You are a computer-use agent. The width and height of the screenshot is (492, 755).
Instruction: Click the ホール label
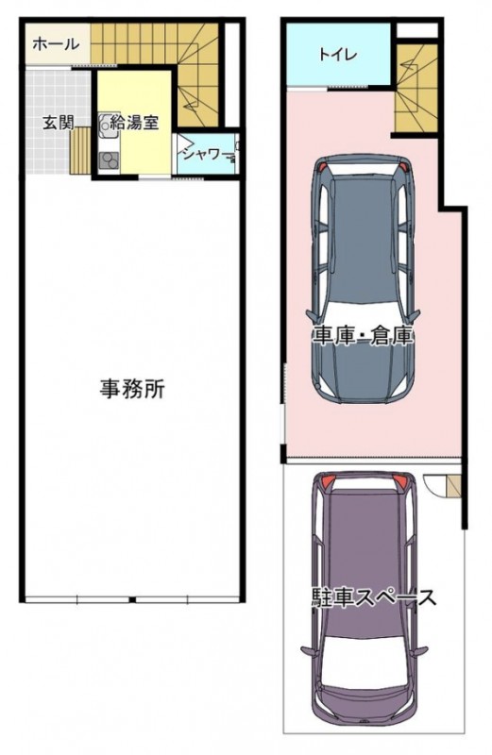[x=56, y=44]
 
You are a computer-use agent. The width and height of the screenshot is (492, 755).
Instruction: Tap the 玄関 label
[x=59, y=123]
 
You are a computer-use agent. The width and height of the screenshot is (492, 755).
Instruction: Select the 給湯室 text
[x=134, y=122]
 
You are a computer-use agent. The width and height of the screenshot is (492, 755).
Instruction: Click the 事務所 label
[x=132, y=389]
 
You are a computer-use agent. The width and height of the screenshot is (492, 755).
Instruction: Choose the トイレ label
[x=338, y=55]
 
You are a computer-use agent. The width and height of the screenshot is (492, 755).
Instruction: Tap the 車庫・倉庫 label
[x=364, y=336]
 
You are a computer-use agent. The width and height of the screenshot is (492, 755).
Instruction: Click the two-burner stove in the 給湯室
[x=109, y=159]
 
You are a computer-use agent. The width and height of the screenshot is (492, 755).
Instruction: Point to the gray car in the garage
[x=364, y=279]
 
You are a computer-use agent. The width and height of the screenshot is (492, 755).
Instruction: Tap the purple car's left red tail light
[x=326, y=481]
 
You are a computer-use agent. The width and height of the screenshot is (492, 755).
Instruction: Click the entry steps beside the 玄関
[x=80, y=151]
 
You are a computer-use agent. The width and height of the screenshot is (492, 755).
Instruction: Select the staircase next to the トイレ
[x=416, y=87]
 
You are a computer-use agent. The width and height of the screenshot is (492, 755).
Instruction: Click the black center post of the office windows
[x=131, y=599]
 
